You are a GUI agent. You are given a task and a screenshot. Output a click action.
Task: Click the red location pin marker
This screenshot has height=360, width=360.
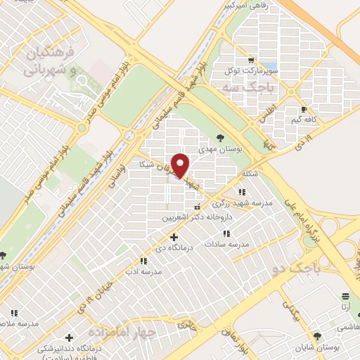tap(181, 165)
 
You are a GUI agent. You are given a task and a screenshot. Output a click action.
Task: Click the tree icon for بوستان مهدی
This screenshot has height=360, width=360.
tap(221, 138)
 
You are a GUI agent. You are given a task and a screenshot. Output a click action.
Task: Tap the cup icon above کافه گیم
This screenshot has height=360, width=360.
tap(304, 109)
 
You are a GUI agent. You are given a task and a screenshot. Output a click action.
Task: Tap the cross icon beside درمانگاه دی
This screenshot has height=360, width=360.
tap(174, 237)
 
